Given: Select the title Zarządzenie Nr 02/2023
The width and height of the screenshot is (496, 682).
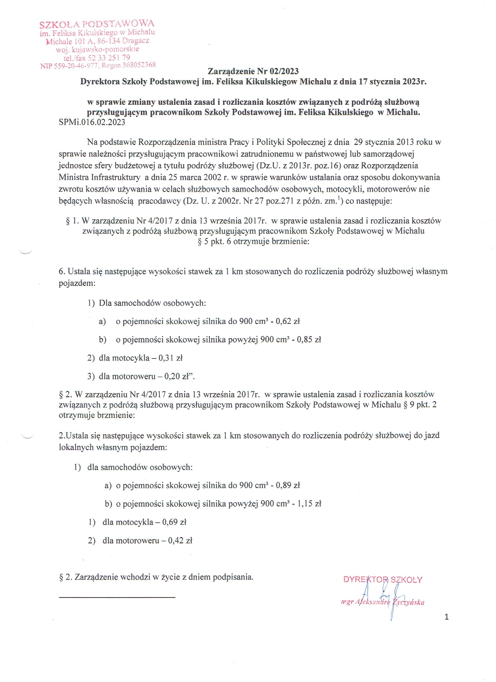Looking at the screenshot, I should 253,71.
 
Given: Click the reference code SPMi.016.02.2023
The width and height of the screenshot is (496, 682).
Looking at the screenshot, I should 92,123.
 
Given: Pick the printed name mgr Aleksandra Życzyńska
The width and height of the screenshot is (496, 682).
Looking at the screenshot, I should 382,603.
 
